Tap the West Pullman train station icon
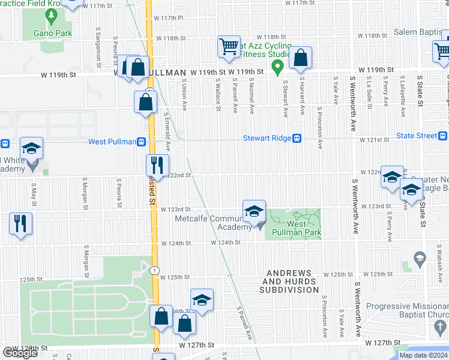tap(141, 142)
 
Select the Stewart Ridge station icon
tap(297, 138)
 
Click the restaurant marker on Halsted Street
tap(157, 165)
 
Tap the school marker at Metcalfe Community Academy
tap(254, 211)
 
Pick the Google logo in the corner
tap(20, 352)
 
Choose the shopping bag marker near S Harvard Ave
tap(301, 58)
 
